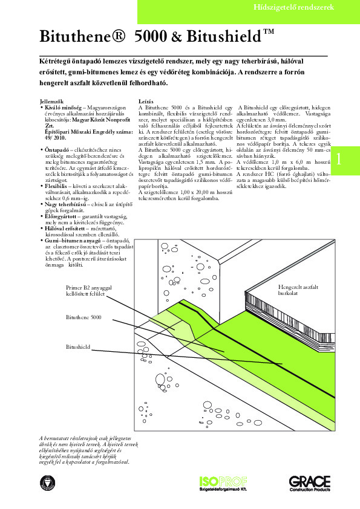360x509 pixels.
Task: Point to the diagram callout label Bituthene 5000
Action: click(83, 317)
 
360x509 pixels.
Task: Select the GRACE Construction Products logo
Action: click(309, 484)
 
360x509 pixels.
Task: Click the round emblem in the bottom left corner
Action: click(45, 482)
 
